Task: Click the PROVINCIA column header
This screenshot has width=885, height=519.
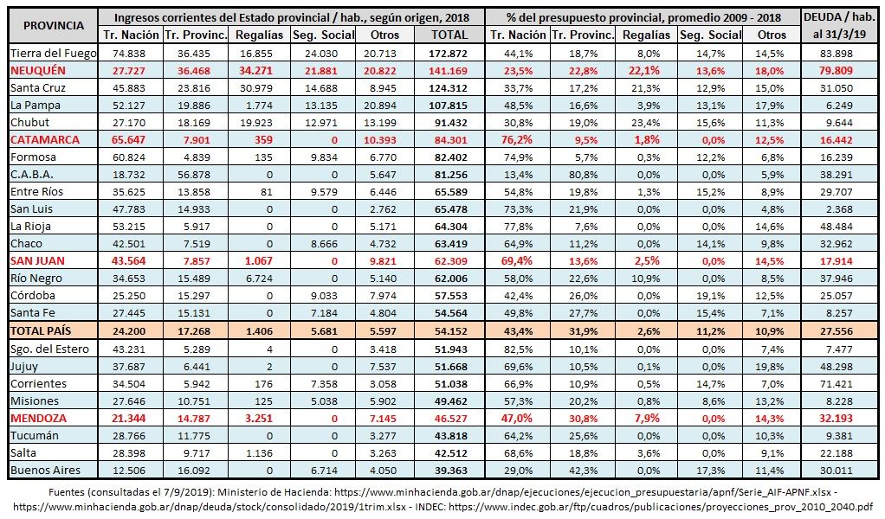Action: coord(54,25)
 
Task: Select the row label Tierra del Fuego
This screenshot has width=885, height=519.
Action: coord(54,54)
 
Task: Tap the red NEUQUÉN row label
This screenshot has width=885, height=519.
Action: coord(38,70)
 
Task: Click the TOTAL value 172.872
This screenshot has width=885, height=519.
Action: coord(449,54)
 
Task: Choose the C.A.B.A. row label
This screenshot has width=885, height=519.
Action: coord(31,174)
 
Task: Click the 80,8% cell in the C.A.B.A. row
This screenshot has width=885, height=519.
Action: coord(584,175)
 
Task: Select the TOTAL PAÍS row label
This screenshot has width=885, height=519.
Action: coord(41,330)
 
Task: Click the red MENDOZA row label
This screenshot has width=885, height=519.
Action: coord(38,418)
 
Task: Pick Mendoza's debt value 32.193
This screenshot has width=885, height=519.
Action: coord(837,419)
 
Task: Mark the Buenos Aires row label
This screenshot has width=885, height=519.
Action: coord(45,470)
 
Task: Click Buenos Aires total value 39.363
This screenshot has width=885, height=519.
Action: coord(451,471)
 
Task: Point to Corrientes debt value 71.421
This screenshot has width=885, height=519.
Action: coord(837,384)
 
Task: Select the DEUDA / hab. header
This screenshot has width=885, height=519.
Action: coord(839,17)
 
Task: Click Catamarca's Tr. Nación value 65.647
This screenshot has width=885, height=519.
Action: coord(129,140)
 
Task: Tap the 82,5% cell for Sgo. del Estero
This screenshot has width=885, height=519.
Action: coord(518,349)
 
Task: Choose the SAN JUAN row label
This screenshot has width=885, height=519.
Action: coord(37,261)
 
